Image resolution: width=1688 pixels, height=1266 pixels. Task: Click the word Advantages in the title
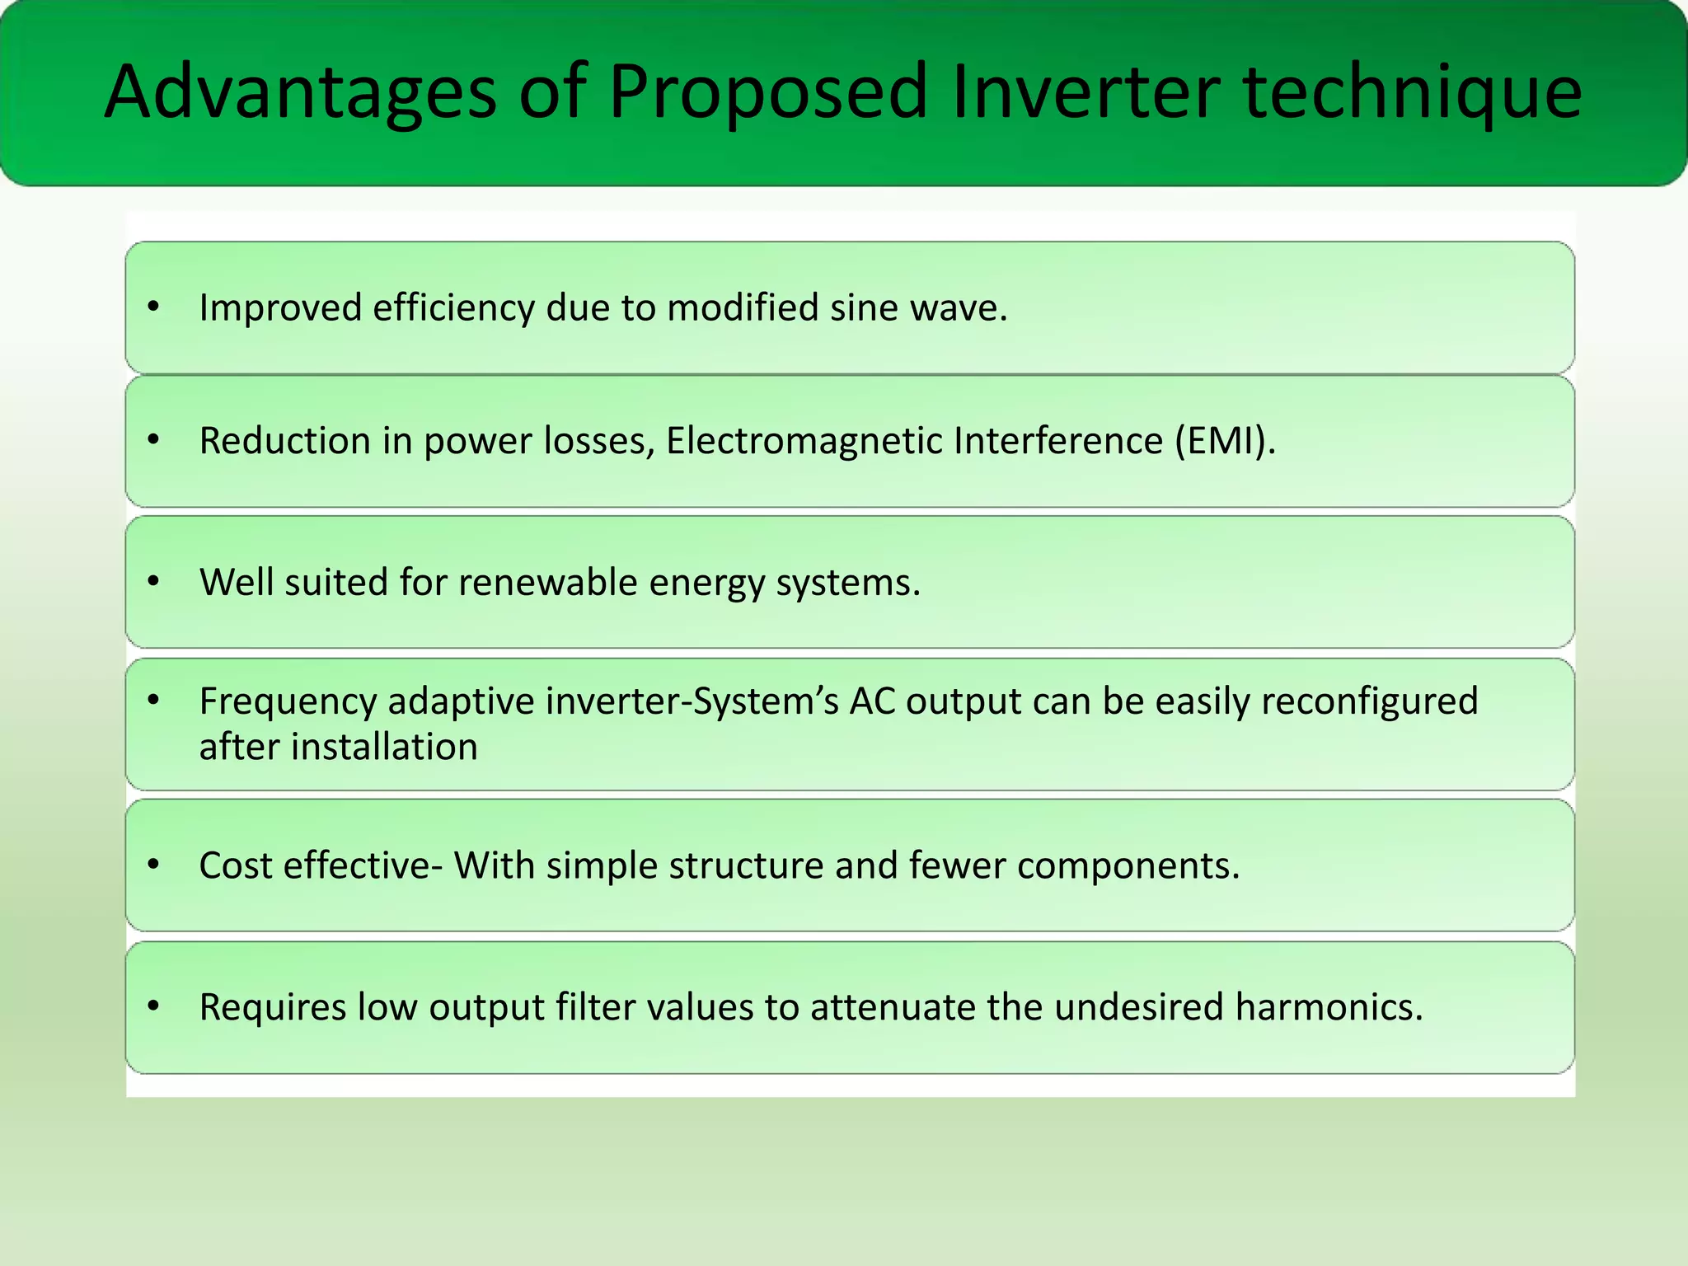pos(300,92)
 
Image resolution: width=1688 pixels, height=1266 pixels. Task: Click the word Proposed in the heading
pos(768,92)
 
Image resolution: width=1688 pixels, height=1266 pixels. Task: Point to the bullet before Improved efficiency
pos(153,307)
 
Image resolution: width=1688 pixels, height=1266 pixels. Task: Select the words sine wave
pos(918,308)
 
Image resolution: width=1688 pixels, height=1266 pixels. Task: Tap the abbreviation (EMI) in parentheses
pos(1224,441)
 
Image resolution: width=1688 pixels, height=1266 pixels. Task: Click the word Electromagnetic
pos(804,441)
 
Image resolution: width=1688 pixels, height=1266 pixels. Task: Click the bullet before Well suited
pos(153,582)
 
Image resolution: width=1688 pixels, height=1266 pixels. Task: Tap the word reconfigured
pos(1369,702)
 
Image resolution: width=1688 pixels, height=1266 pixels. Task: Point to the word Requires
pos(272,1008)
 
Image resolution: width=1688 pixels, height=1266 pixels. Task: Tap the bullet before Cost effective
pos(153,865)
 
